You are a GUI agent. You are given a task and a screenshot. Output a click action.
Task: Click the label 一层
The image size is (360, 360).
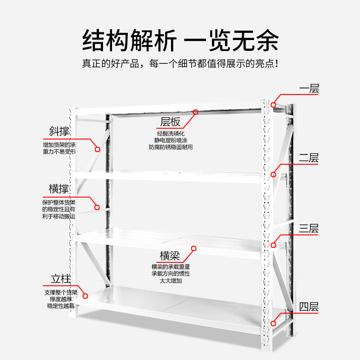click(x=309, y=89)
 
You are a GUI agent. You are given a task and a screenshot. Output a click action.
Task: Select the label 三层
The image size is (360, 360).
click(x=309, y=228)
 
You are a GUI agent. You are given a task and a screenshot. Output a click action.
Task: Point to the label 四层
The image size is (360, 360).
click(x=309, y=307)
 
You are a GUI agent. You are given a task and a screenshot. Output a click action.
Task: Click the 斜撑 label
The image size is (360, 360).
click(x=59, y=131)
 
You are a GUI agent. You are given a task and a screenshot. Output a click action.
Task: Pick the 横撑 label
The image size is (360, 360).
click(x=59, y=189)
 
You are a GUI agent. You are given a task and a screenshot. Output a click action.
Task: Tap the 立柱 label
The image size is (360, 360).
click(x=59, y=278)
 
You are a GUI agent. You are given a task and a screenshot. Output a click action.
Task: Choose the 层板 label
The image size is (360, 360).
click(x=171, y=122)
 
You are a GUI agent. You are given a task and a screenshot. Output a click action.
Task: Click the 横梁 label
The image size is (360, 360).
click(x=170, y=256)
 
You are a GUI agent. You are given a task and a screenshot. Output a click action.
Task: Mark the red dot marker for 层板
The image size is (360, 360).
click(x=195, y=112)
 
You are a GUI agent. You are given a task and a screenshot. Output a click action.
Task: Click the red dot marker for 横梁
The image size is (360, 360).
click(x=194, y=248)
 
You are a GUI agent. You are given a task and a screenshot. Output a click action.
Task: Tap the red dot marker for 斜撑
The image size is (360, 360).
click(x=97, y=149)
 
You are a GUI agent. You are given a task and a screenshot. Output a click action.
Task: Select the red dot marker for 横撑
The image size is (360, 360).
click(x=97, y=207)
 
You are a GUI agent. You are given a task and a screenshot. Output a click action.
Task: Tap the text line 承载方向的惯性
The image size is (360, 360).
click(x=171, y=274)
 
